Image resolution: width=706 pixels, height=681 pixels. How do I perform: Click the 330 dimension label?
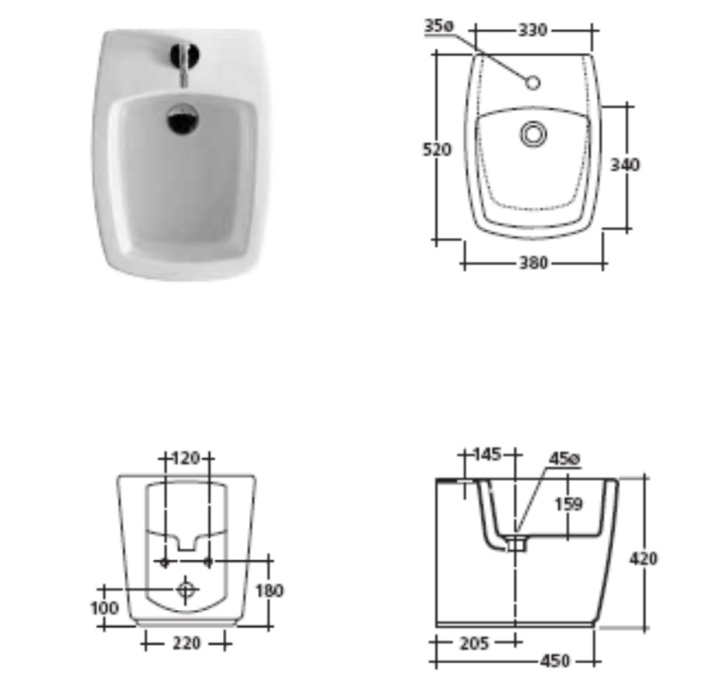tap(533, 30)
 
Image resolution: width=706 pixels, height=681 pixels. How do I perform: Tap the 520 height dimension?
tap(437, 149)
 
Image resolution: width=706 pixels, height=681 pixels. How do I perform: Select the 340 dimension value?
tap(625, 165)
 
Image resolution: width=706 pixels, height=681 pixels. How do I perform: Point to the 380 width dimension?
tap(534, 263)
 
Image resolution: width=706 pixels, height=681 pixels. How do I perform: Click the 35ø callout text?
tap(439, 26)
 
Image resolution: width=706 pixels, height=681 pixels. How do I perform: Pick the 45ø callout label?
tap(564, 459)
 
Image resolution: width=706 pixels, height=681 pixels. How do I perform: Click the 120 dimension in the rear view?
tap(186, 458)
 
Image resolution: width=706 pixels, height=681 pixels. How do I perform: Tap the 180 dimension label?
tap(269, 591)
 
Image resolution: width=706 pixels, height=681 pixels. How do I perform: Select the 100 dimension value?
tap(104, 608)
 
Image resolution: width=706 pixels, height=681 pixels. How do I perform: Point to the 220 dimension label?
tap(186, 643)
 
